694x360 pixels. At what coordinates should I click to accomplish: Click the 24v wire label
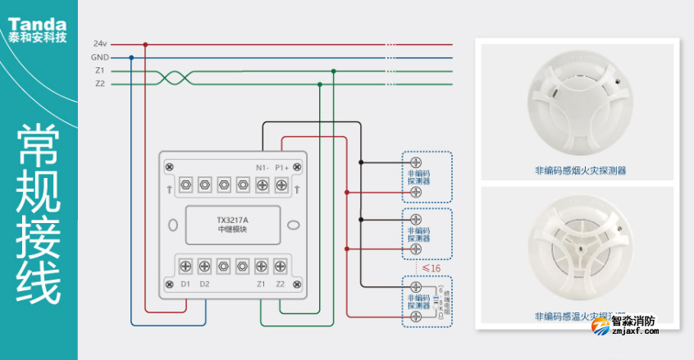pyautogui.click(x=100, y=43)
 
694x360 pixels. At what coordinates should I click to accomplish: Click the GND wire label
pyautogui.click(x=100, y=57)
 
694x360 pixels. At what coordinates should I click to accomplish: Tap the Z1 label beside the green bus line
pyautogui.click(x=100, y=71)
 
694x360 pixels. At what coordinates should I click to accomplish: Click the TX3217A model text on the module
pyautogui.click(x=233, y=220)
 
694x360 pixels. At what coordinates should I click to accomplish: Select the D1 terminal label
pyautogui.click(x=185, y=285)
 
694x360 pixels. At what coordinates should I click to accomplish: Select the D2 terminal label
pyautogui.click(x=204, y=285)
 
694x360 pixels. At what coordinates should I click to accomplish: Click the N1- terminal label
pyautogui.click(x=262, y=167)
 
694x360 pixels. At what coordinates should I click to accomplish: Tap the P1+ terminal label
pyautogui.click(x=281, y=167)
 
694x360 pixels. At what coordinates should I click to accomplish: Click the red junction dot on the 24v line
pyautogui.click(x=146, y=44)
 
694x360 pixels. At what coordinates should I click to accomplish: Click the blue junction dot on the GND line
pyautogui.click(x=131, y=57)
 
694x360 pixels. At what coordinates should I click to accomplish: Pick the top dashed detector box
pyautogui.click(x=426, y=177)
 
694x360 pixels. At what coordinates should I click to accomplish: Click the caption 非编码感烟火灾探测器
pyautogui.click(x=580, y=171)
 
